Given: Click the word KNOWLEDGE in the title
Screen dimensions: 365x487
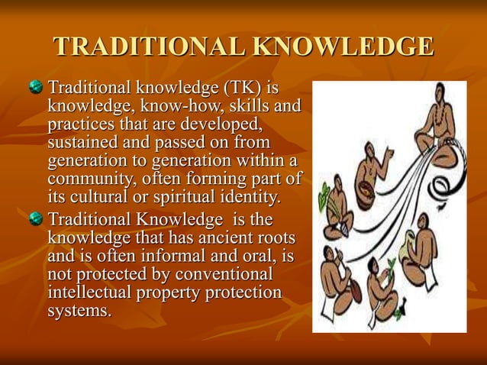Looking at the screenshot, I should click(x=343, y=47).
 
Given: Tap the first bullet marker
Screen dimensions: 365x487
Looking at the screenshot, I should click(x=36, y=89).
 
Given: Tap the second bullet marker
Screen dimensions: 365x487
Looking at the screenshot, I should click(x=36, y=220).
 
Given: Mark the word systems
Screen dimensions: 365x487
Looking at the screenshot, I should click(x=79, y=311).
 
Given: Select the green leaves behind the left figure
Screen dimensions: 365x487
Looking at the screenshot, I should click(x=324, y=191).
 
